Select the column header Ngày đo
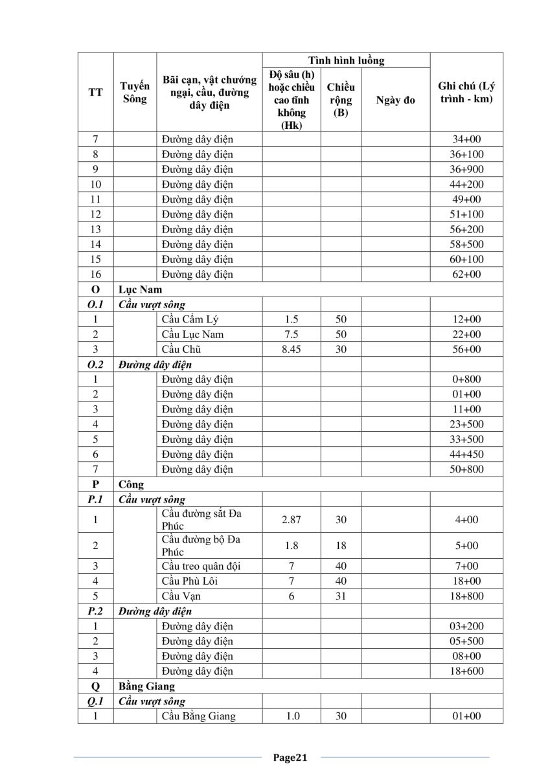(x=395, y=100)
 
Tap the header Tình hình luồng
(x=346, y=60)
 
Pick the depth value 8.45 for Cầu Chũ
(x=292, y=349)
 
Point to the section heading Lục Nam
(x=140, y=289)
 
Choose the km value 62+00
(x=466, y=274)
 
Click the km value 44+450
(x=466, y=454)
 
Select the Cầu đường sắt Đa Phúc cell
(x=201, y=519)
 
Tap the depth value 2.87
(x=292, y=519)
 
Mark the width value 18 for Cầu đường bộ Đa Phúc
(x=341, y=545)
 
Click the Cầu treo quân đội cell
(x=201, y=566)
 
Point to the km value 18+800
(x=466, y=596)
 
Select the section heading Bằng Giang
(x=146, y=686)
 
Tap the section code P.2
(x=95, y=611)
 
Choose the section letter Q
(x=95, y=686)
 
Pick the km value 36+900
(x=466, y=169)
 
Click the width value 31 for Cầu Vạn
(x=341, y=596)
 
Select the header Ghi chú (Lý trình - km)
(x=466, y=93)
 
